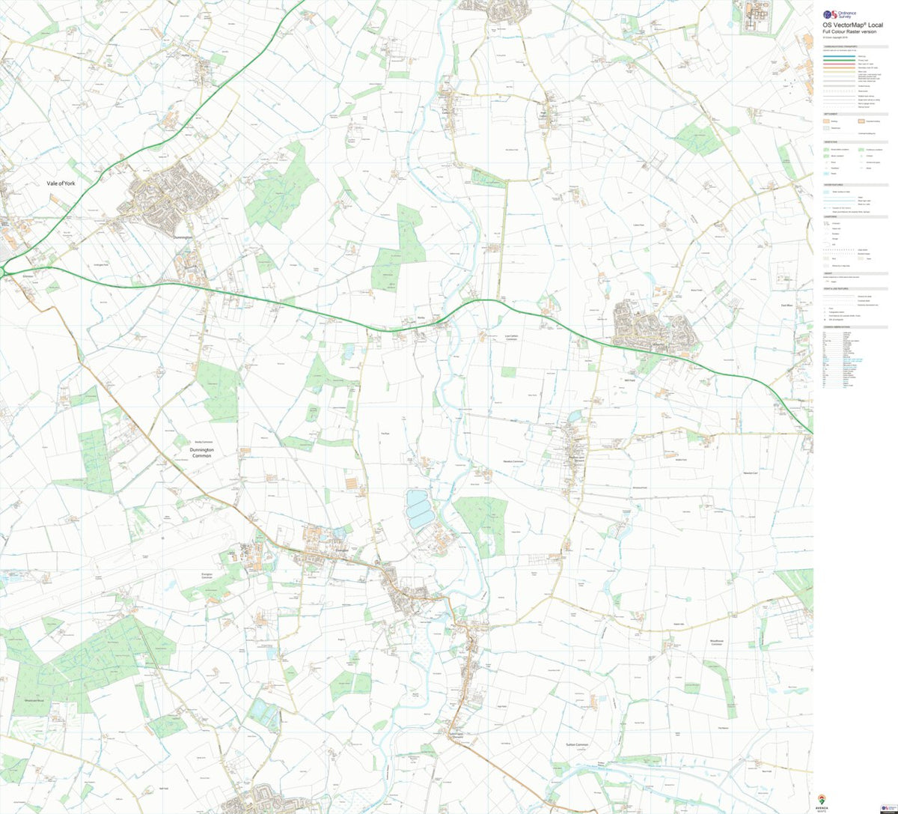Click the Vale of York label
(x=62, y=183)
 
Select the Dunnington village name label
(x=183, y=237)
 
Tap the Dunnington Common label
(x=192, y=452)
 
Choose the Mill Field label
(x=629, y=380)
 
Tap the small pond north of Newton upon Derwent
(x=574, y=416)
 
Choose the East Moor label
(x=786, y=306)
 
